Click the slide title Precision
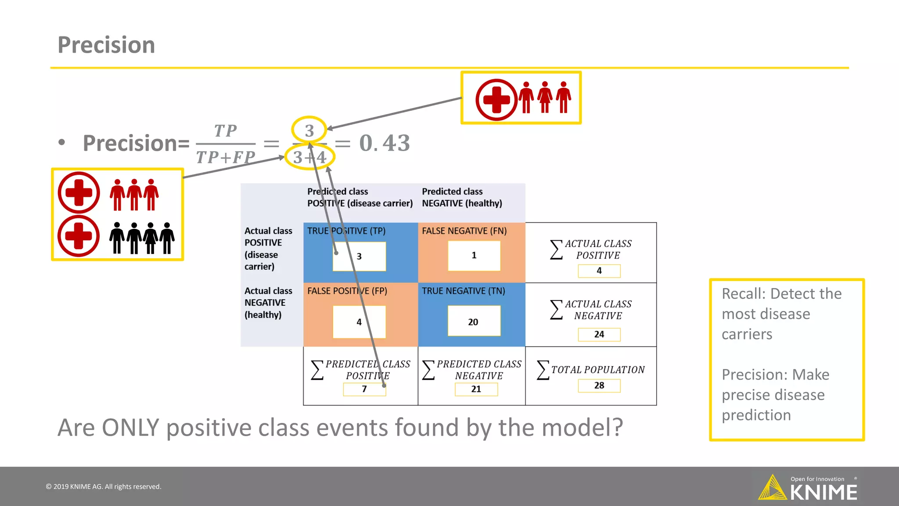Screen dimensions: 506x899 (106, 45)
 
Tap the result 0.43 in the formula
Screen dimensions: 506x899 (385, 143)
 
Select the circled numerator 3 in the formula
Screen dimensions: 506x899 (309, 130)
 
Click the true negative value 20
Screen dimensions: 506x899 (473, 322)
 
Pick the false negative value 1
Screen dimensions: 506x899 (474, 255)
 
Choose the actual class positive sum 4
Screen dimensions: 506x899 (599, 271)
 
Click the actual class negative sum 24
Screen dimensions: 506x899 (599, 334)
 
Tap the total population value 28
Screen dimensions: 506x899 (599, 385)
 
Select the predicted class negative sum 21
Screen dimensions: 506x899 (476, 389)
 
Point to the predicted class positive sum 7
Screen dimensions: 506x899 (364, 389)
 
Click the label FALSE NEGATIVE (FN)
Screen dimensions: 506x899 (464, 231)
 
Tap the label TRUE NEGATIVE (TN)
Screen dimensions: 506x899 (463, 291)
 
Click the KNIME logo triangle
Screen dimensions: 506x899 (773, 488)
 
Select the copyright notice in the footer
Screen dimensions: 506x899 (104, 487)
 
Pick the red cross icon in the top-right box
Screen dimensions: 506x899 (496, 100)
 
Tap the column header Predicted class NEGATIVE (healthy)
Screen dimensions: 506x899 (462, 197)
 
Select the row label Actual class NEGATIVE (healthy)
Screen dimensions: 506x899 (268, 303)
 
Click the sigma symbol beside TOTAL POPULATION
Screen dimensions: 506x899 (543, 370)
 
